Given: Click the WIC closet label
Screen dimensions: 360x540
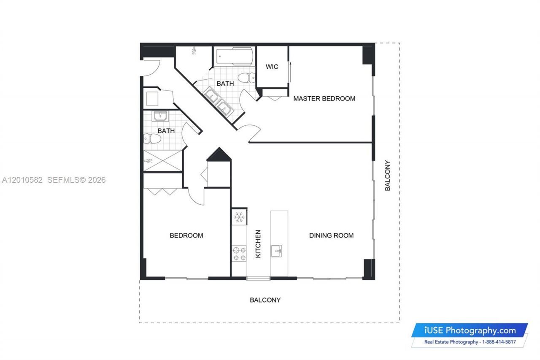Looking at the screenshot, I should pyautogui.click(x=272, y=67).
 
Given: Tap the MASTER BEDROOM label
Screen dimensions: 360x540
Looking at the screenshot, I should pyautogui.click(x=324, y=99).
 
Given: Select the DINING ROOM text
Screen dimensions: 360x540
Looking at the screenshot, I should pyautogui.click(x=331, y=235).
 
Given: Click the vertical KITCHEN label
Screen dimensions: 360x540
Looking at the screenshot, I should pyautogui.click(x=258, y=244).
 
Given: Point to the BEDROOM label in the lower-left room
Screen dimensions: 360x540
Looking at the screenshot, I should pyautogui.click(x=186, y=235).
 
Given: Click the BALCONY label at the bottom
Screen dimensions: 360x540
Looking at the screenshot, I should pyautogui.click(x=265, y=300).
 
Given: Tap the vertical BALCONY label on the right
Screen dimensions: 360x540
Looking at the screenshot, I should pyautogui.click(x=387, y=176).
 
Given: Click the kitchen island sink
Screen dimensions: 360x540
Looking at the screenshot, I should pyautogui.click(x=277, y=251).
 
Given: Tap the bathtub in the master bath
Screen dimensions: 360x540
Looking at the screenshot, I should pyautogui.click(x=235, y=57).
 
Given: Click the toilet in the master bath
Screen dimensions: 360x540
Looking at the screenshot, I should pyautogui.click(x=246, y=77).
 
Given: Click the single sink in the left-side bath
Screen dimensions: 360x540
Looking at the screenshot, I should pyautogui.click(x=160, y=116).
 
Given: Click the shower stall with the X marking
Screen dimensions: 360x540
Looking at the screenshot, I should pyautogui.click(x=163, y=161).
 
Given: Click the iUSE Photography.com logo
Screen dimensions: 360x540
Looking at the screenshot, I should pyautogui.click(x=470, y=330).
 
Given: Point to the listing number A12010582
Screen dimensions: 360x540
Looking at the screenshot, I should pyautogui.click(x=22, y=180).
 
